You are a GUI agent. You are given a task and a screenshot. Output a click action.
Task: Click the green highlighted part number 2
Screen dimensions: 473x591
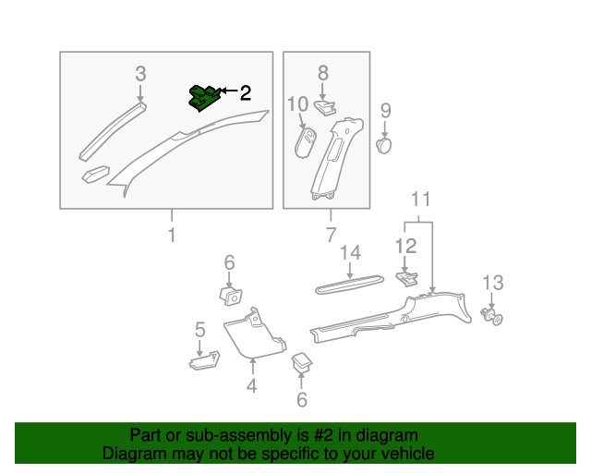click(x=204, y=96)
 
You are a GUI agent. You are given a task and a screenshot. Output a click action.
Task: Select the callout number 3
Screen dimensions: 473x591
click(x=140, y=73)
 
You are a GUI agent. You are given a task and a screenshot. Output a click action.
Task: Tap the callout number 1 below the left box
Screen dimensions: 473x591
click(x=171, y=236)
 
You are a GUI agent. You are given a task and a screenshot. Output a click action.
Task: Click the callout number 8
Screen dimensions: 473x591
click(x=323, y=72)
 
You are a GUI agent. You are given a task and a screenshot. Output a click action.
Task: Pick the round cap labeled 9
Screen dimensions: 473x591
click(x=385, y=144)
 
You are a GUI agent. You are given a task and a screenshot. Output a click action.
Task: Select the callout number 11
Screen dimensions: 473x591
click(x=421, y=200)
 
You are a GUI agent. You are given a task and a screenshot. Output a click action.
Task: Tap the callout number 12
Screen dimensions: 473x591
click(x=406, y=246)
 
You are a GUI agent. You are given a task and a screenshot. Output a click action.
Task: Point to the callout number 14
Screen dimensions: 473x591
click(x=350, y=252)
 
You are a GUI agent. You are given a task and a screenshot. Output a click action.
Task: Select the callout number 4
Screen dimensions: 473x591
click(x=251, y=386)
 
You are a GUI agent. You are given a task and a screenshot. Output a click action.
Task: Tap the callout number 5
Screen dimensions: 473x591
click(x=199, y=329)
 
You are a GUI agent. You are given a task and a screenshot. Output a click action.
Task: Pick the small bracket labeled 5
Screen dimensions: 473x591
click(x=203, y=361)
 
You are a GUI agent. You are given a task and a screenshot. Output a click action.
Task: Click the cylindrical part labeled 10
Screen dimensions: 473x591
click(x=306, y=144)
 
